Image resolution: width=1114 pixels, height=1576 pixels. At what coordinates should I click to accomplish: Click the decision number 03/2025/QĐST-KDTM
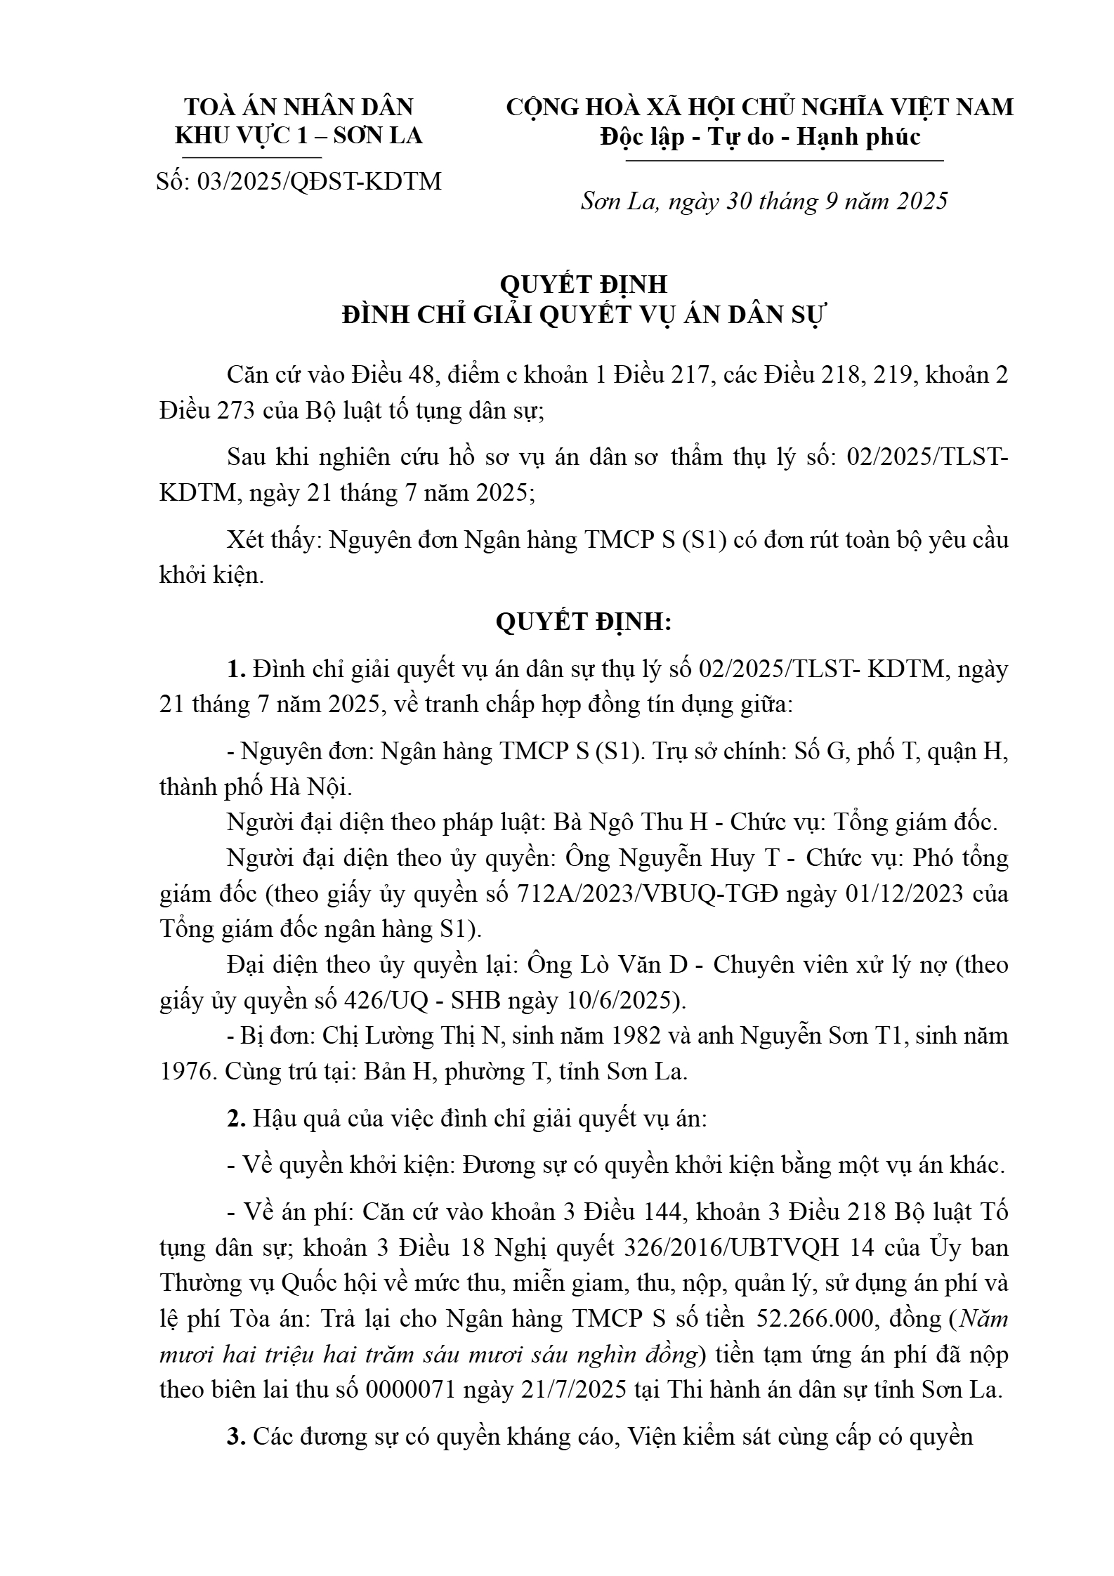click(320, 181)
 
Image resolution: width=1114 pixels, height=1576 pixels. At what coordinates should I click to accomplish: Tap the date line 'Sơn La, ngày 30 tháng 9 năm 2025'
click(764, 202)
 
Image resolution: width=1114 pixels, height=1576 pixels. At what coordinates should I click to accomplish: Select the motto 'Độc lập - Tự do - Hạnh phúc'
click(760, 136)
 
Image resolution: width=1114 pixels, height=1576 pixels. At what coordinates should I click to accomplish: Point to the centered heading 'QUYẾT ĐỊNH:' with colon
click(583, 622)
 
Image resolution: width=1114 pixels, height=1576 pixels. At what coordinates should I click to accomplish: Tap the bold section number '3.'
click(236, 1436)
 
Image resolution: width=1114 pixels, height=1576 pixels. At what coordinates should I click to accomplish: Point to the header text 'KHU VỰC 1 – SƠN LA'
click(299, 136)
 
